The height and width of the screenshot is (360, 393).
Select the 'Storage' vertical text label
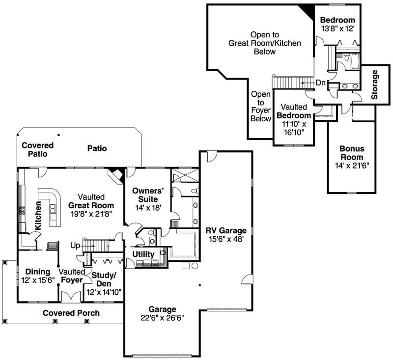click(375, 85)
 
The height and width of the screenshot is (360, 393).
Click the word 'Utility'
click(143, 254)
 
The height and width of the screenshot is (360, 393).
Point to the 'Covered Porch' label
click(71, 313)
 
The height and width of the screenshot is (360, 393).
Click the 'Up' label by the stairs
click(75, 245)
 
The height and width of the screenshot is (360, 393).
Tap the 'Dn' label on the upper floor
click(320, 83)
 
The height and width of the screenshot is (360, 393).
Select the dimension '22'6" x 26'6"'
click(162, 318)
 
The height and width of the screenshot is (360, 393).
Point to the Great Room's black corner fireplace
click(116, 173)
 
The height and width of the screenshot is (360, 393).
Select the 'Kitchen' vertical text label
click(38, 216)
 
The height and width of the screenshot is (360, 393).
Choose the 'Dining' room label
click(38, 272)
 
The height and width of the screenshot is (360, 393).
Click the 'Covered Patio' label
click(37, 150)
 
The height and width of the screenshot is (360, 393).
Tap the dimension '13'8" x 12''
click(337, 28)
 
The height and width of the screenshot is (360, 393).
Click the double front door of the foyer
click(71, 296)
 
